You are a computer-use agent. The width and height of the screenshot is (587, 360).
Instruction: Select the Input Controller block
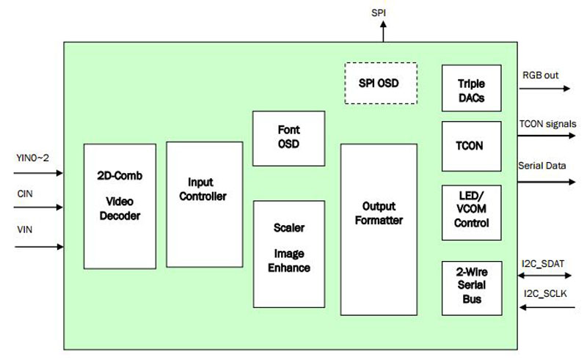click(204, 204)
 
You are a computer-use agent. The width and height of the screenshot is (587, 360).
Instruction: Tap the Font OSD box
click(288, 139)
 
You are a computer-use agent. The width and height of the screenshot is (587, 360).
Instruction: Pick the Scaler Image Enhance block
click(288, 254)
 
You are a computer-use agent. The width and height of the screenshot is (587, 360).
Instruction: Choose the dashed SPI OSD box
click(381, 83)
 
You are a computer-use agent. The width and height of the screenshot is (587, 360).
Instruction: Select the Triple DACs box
click(470, 89)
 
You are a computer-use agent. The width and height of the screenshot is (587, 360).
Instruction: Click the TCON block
click(470, 146)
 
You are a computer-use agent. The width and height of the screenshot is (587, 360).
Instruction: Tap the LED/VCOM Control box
click(470, 212)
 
